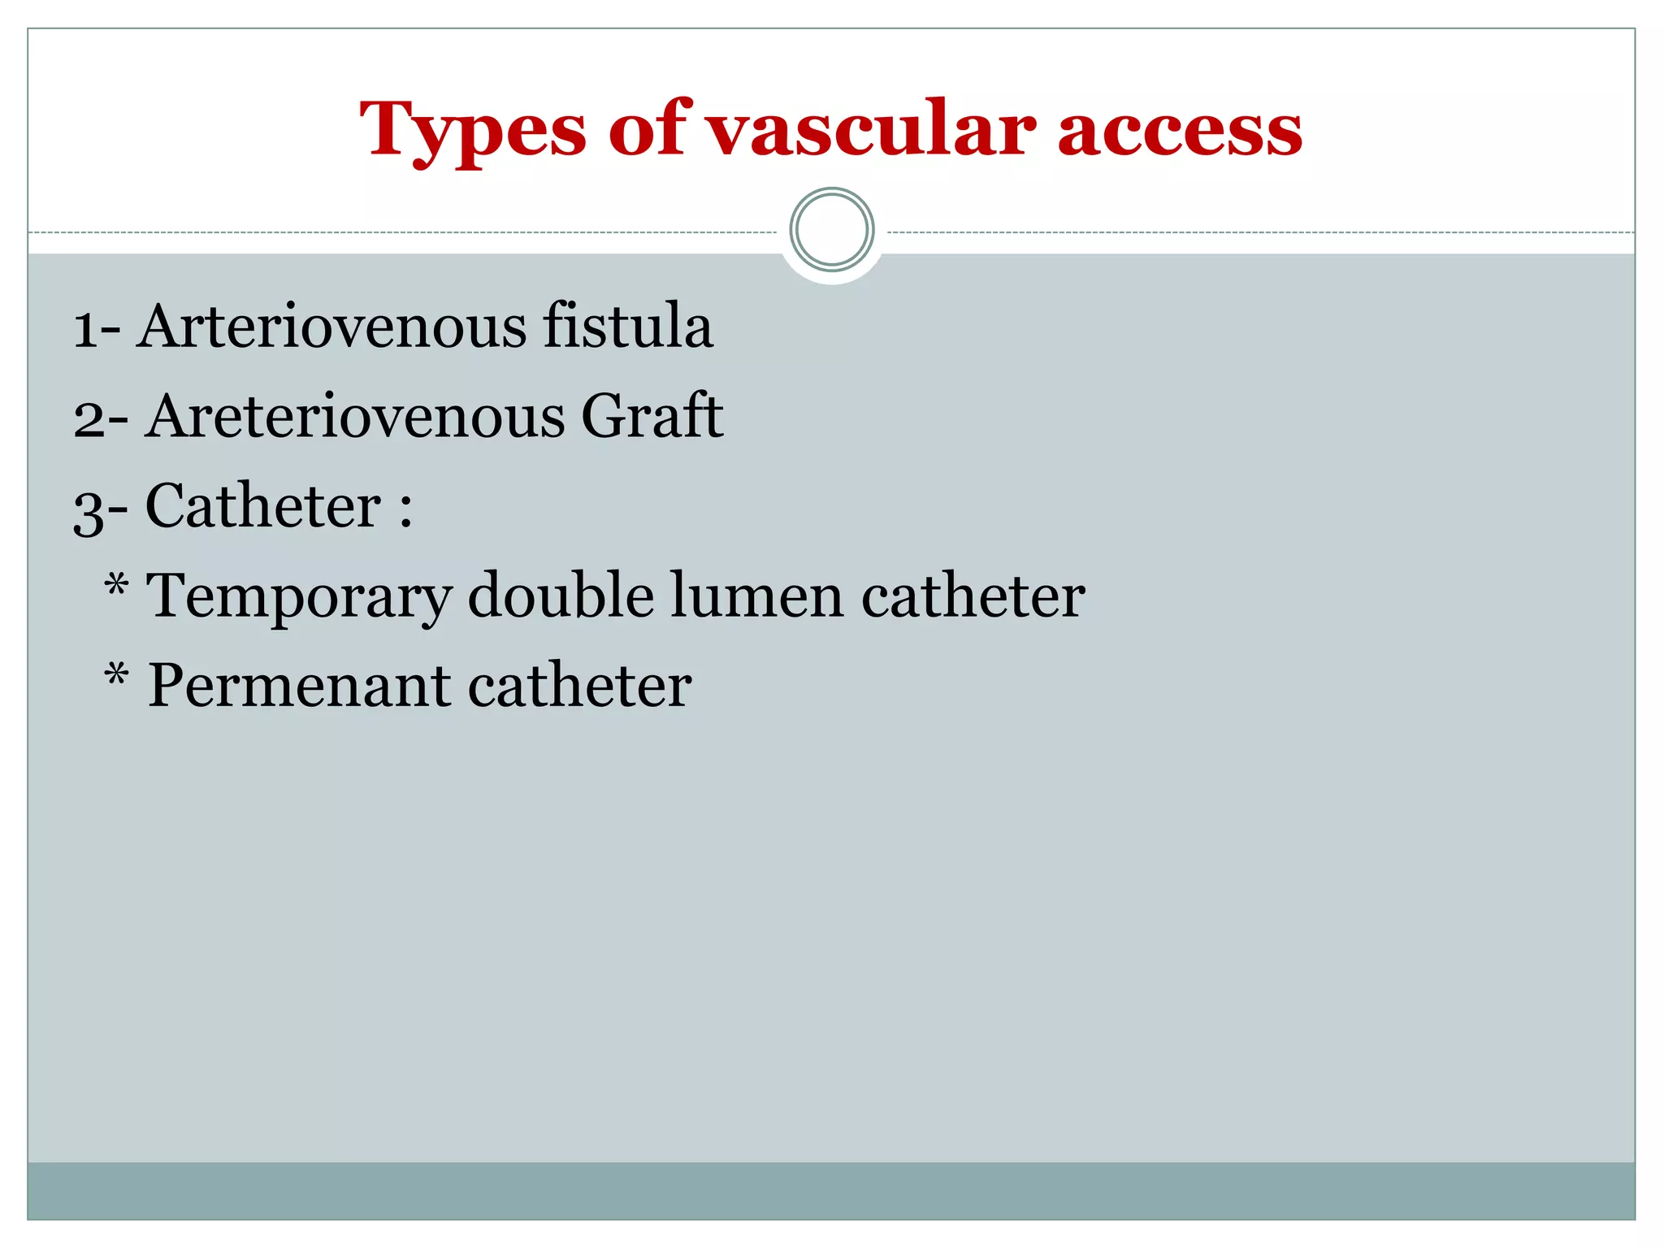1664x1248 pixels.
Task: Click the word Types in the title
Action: coord(473,130)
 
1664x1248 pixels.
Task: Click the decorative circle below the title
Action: coord(831,230)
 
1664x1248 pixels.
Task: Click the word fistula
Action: coord(627,327)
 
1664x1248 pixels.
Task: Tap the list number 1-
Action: coord(97,328)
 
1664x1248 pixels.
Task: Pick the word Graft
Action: coord(652,417)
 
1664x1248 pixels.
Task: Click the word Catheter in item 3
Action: coord(263,506)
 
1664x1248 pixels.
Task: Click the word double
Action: coord(561,596)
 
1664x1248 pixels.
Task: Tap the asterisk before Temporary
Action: coord(117,585)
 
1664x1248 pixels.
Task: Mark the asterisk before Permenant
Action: coord(117,675)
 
